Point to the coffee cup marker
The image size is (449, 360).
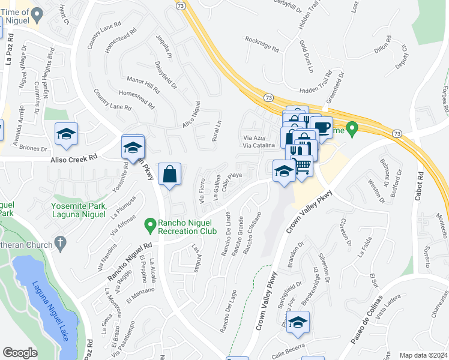click(322, 128)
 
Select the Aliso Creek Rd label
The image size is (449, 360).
click(74, 158)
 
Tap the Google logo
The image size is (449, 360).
click(20, 353)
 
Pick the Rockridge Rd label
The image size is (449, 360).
click(262, 44)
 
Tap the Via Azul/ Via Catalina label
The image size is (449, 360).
click(259, 142)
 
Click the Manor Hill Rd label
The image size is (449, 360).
click(143, 85)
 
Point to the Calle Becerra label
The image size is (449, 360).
click(288, 347)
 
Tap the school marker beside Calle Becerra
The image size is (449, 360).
click(298, 323)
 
